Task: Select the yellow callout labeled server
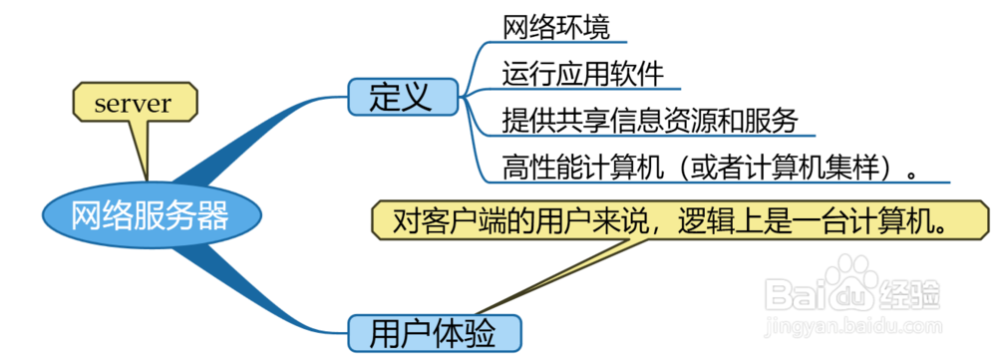coord(134,103)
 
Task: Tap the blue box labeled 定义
coord(402,97)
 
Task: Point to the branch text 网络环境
coord(550,26)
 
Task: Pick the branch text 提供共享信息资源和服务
coord(650,121)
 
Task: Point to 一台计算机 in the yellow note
coord(863,220)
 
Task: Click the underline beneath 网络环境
coord(563,43)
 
